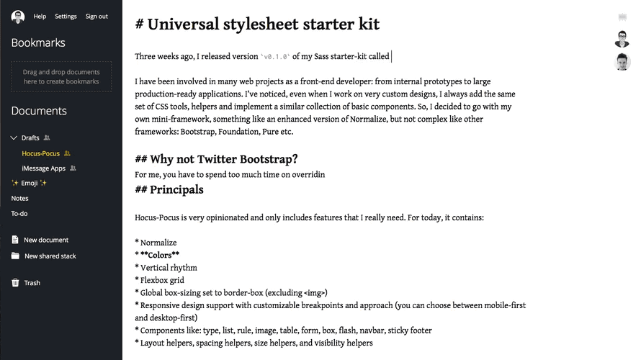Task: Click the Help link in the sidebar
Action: pos(40,17)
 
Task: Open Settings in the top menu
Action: pos(66,17)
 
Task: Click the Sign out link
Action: pos(97,17)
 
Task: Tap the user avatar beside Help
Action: pos(18,17)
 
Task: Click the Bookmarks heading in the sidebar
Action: pos(38,43)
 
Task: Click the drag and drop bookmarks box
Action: pos(61,77)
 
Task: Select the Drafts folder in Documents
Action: pos(30,138)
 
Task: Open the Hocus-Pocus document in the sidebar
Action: pos(40,153)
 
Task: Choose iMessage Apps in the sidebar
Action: pos(43,168)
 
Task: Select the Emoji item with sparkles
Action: pos(30,184)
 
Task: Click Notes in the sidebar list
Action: pos(20,199)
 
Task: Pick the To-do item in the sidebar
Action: pos(19,214)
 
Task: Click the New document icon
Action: pos(15,240)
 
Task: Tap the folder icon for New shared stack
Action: pos(15,256)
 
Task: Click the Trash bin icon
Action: pos(15,283)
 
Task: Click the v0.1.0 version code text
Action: pos(276,57)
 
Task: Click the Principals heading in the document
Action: pos(176,190)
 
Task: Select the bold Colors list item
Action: pos(160,255)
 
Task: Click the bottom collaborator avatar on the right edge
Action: pos(622,62)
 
